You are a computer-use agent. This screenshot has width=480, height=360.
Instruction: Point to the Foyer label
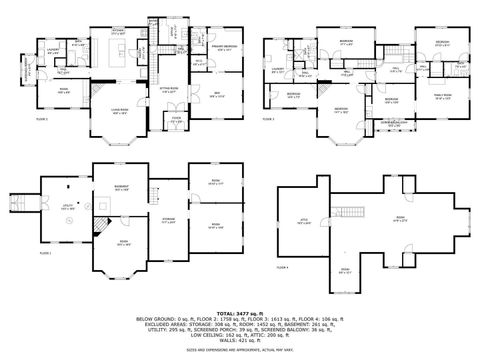176,119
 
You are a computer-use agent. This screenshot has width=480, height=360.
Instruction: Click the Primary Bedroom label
223,47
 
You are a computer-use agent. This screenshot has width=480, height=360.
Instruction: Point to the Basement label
122,186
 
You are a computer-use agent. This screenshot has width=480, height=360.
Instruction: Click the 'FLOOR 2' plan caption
41,117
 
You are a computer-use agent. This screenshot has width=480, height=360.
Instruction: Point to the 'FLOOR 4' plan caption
281,267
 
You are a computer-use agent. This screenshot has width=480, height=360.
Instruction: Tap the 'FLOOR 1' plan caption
45,253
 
